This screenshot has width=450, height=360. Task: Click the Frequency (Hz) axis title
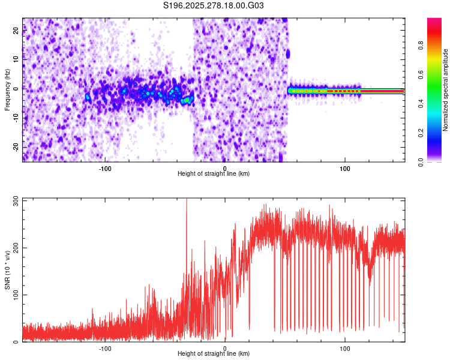[7, 90]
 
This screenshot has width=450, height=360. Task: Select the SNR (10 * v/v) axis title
[7, 270]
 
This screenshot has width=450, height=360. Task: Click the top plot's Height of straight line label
[214, 173]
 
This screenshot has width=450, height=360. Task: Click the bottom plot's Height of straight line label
[214, 353]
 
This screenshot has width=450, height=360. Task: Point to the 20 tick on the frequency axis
[16, 32]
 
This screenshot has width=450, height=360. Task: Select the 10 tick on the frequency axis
[16, 61]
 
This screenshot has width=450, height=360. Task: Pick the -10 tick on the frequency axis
[16, 118]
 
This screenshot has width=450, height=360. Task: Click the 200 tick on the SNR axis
[16, 248]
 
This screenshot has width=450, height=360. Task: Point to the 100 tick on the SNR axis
[16, 295]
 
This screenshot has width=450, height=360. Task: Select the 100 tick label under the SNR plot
[345, 347]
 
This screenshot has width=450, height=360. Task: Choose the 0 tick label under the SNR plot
[225, 347]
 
